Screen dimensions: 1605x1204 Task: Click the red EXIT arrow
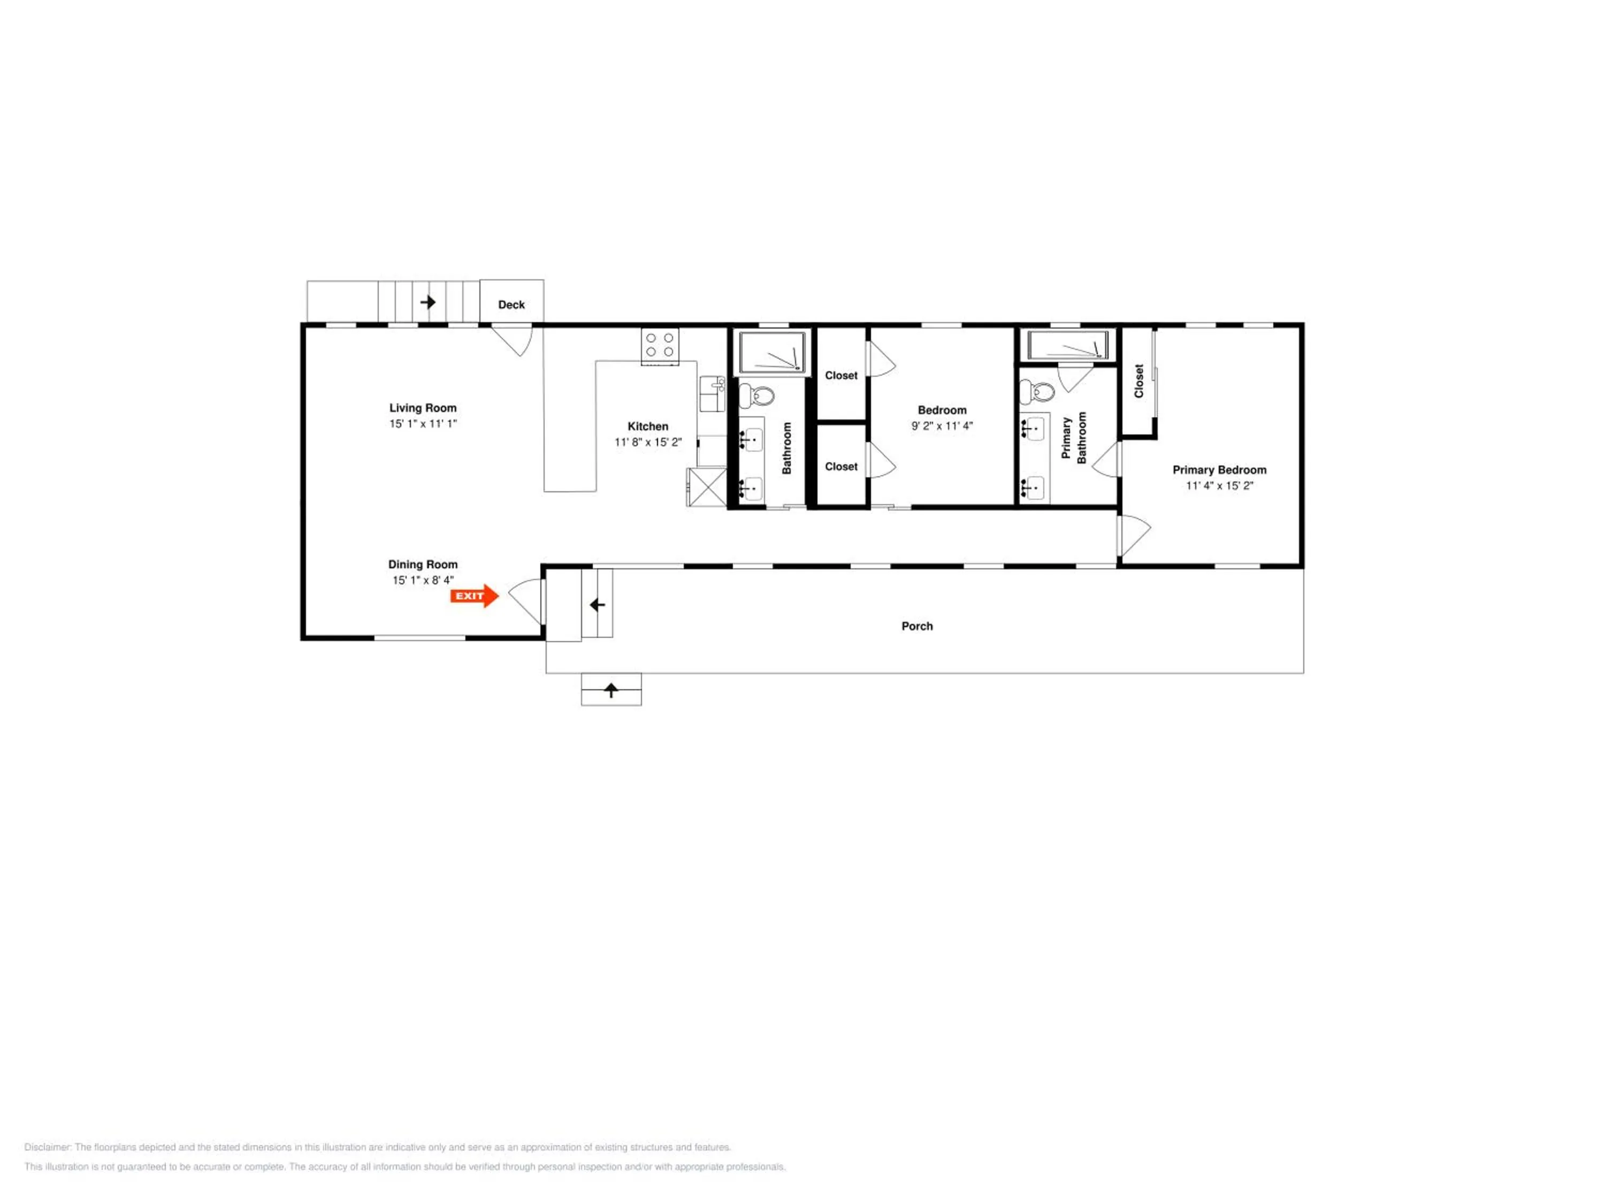click(x=475, y=596)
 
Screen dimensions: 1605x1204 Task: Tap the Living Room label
click(x=423, y=408)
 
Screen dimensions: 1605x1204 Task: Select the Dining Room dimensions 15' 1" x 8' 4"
click(x=423, y=580)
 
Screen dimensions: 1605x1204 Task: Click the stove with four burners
click(x=660, y=346)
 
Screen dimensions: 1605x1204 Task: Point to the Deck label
click(x=511, y=305)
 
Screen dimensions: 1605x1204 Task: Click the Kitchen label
click(x=648, y=426)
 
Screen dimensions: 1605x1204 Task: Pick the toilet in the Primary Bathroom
click(x=1037, y=392)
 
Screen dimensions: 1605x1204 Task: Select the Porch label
click(x=917, y=626)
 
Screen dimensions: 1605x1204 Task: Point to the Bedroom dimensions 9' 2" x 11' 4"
click(x=942, y=426)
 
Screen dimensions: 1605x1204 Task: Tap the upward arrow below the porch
click(x=611, y=690)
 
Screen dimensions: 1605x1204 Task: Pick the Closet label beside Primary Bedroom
click(x=1138, y=381)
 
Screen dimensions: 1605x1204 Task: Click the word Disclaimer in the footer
click(x=48, y=1147)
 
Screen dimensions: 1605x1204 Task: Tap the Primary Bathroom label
click(x=1074, y=438)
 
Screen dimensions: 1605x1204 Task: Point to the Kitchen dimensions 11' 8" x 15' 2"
click(x=648, y=442)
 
